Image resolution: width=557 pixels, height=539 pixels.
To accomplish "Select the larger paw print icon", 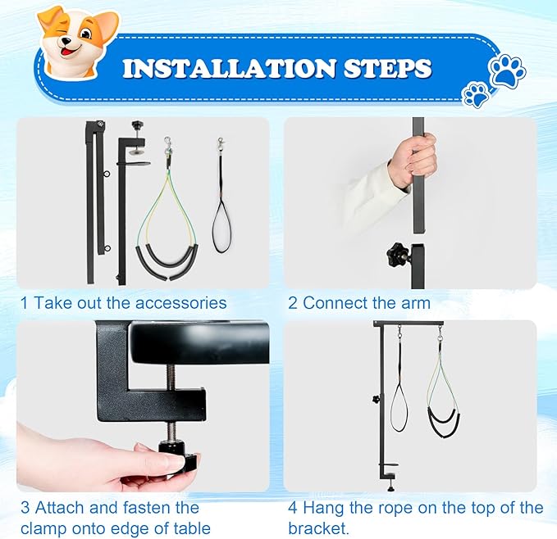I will click(507, 71).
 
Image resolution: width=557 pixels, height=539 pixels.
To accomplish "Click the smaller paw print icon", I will click(476, 95).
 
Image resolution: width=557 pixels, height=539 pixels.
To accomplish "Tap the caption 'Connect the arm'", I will click(367, 303).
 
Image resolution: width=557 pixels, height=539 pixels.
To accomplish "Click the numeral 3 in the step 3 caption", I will click(25, 509).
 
